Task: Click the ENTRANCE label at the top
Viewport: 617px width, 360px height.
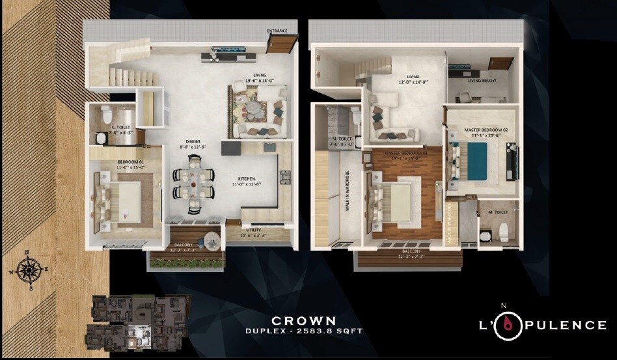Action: coord(277,31)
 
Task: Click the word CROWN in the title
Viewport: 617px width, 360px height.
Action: coord(304,320)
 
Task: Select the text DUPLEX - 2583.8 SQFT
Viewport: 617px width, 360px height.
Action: coord(303,331)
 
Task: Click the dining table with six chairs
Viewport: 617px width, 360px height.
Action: coord(193,185)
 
